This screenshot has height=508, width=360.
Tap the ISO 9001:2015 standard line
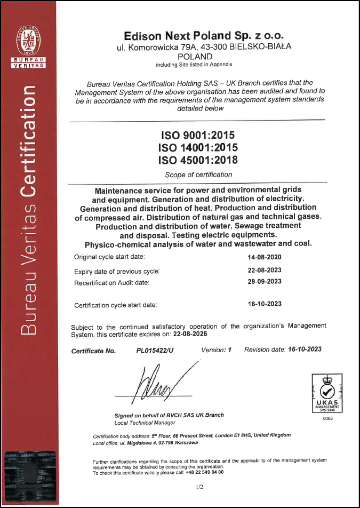tap(198, 135)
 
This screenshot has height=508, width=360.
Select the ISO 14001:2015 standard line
tap(198, 147)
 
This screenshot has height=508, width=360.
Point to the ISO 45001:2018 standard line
tap(198, 160)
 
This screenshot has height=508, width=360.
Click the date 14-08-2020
tap(265, 257)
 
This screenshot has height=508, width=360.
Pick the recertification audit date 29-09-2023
tap(265, 282)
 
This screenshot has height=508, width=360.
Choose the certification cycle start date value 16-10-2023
tap(265, 304)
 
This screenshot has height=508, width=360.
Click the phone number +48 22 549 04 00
tap(205, 472)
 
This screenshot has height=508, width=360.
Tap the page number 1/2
tap(199, 487)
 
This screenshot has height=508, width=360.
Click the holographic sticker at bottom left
tap(30, 477)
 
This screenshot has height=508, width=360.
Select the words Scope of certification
tap(198, 174)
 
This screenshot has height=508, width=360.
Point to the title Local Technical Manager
tap(145, 423)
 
